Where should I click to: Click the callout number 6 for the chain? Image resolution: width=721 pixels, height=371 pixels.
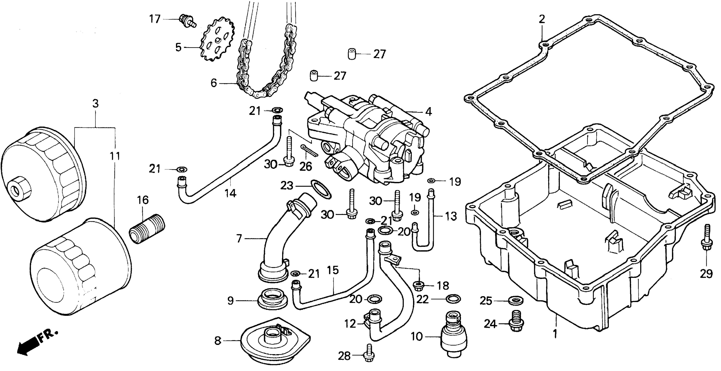(214, 83)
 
